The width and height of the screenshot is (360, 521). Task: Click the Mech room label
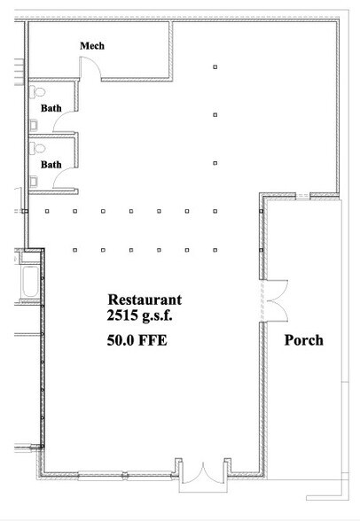pos(93,46)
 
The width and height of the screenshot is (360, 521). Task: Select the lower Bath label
pos(51,164)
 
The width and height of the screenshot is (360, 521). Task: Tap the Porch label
pos(303,340)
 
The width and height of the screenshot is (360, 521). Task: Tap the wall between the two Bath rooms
pos(51,136)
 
